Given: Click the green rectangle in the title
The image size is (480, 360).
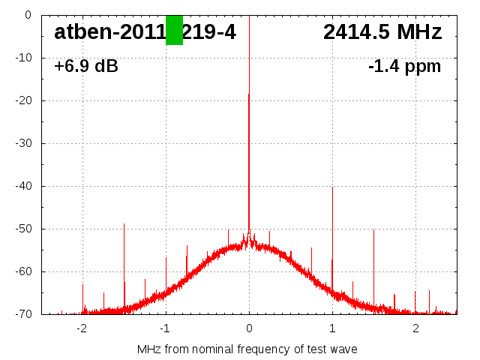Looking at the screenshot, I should (174, 30).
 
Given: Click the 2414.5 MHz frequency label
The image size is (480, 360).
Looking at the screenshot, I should (382, 32).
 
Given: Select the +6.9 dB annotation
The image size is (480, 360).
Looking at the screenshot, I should (86, 67).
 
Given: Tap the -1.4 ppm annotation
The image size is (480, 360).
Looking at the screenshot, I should (404, 67).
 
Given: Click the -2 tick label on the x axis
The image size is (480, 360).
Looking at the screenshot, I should (82, 328).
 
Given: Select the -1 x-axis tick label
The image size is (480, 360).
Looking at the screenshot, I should (165, 328).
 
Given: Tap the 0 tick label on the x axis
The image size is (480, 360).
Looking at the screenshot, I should (249, 328).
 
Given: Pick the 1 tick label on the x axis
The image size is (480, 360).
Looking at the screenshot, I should (332, 328).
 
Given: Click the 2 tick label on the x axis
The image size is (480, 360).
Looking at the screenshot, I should (415, 328).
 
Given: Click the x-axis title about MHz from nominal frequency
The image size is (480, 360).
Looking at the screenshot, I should (247, 349).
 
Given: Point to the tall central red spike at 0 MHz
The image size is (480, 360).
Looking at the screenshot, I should (249, 112).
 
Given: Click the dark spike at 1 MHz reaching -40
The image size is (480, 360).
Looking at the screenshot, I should (332, 225).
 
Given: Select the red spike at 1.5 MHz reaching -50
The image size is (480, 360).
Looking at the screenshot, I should (373, 262).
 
